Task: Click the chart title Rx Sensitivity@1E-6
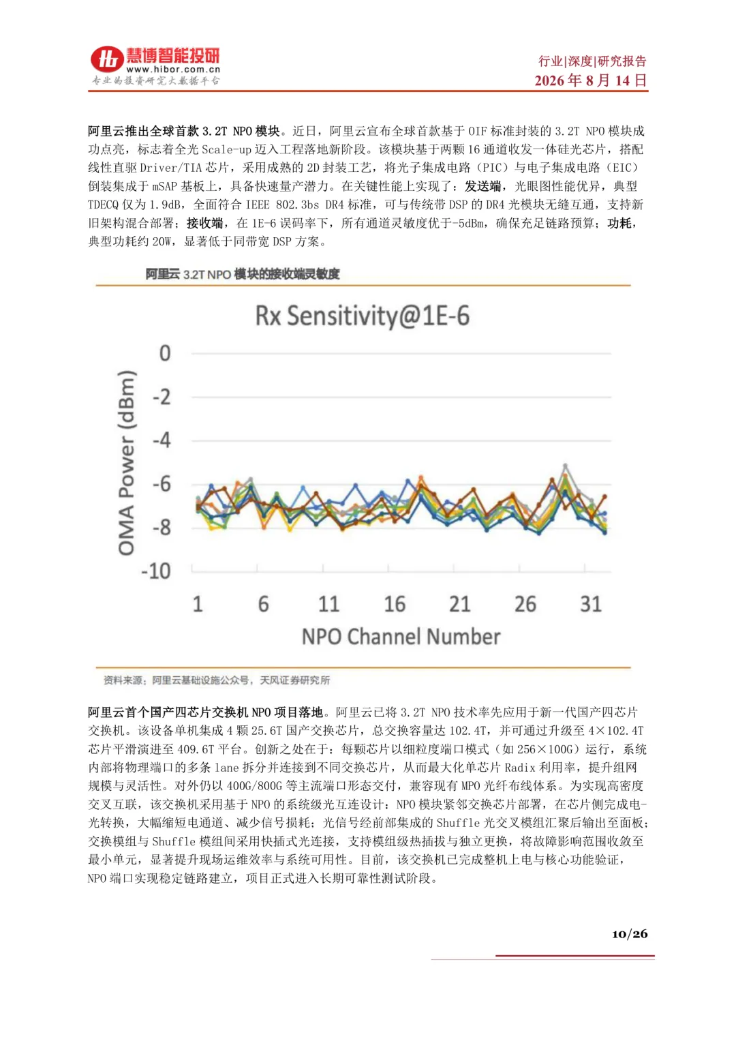pyautogui.click(x=363, y=317)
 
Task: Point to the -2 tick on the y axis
pyautogui.click(x=162, y=397)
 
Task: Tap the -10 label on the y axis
pyautogui.click(x=156, y=571)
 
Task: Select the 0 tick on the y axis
pyautogui.click(x=165, y=353)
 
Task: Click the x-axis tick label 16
pyautogui.click(x=395, y=604)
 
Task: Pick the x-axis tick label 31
pyautogui.click(x=591, y=604)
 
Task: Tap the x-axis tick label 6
pyautogui.click(x=264, y=604)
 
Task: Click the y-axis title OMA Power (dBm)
pyautogui.click(x=126, y=462)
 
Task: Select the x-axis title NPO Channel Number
pyautogui.click(x=401, y=637)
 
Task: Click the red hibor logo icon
pyautogui.click(x=107, y=59)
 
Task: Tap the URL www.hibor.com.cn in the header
pyautogui.click(x=173, y=70)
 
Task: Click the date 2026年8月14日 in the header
pyautogui.click(x=591, y=80)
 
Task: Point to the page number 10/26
pyautogui.click(x=630, y=934)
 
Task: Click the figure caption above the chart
pyautogui.click(x=243, y=274)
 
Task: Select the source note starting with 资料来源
pyautogui.click(x=217, y=680)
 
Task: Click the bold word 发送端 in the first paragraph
pyautogui.click(x=482, y=186)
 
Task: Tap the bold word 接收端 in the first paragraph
pyautogui.click(x=204, y=223)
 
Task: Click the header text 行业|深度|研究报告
pyautogui.click(x=592, y=61)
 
